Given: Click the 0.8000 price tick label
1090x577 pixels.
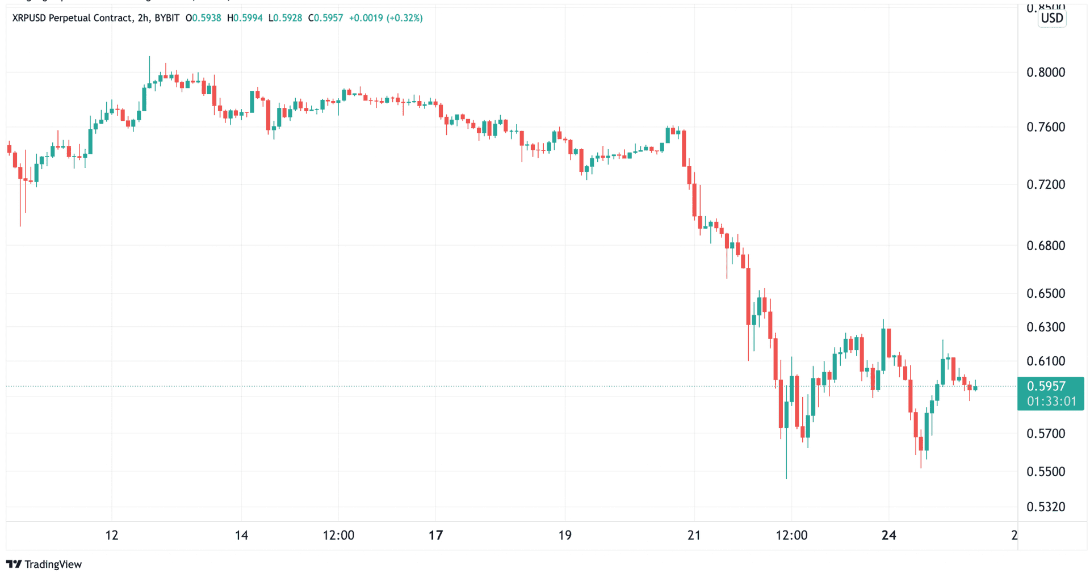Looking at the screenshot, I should point(1045,73).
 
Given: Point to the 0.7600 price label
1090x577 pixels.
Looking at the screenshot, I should point(1045,127).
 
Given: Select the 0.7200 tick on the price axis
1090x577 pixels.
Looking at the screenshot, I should point(1045,184).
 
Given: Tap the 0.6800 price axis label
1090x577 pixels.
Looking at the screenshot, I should point(1045,246).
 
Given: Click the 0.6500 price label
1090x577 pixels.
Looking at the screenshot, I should point(1045,293).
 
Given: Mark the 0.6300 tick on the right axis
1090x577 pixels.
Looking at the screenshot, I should point(1045,327).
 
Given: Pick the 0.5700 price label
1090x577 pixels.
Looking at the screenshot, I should point(1045,434).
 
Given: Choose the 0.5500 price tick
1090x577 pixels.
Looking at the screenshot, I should point(1045,471).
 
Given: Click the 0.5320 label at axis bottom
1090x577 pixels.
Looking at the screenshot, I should point(1045,507).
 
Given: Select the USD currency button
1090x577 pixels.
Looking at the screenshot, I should point(1051,18).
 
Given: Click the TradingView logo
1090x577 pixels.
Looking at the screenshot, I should point(44,564).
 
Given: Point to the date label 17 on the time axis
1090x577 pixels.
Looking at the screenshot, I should point(435,535).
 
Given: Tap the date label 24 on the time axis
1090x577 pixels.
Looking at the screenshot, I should point(888,535).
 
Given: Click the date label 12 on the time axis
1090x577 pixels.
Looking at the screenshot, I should point(112,535).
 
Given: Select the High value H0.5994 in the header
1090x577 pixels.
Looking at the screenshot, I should point(245,18).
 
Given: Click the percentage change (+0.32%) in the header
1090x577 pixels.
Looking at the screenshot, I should point(404,18).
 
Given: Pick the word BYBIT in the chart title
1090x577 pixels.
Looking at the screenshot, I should point(167,18).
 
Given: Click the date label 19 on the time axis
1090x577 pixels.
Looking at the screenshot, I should point(564,535).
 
